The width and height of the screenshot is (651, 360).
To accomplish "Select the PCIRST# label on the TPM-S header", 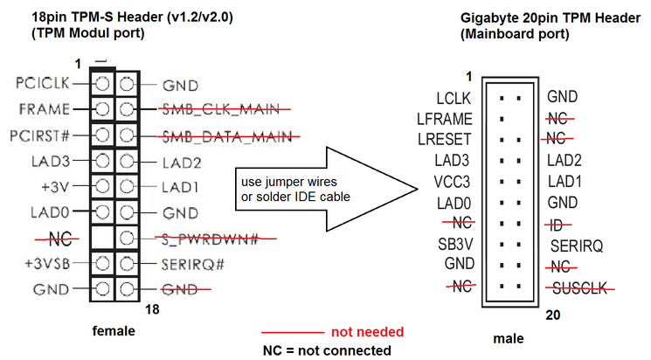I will coord(42,135).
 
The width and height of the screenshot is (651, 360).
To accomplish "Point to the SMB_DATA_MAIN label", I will coord(229,136).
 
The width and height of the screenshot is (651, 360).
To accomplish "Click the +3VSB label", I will coord(46,262).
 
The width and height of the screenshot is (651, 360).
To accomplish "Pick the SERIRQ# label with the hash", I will coord(194,262).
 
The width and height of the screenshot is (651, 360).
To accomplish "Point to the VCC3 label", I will coord(452,181).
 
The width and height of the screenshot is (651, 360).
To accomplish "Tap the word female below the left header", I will coord(114,331).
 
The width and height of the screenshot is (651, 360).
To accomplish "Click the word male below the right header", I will coord(509,337).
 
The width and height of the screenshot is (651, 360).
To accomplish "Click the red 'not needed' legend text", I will coord(368,332).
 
